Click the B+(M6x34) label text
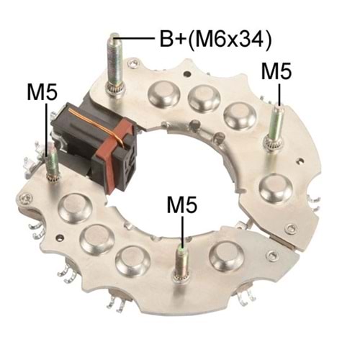coord(215,40)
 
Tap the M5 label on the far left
coord(42,92)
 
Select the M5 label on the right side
coord(276,71)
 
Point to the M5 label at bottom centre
coord(182,204)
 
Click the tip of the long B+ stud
coord(114,37)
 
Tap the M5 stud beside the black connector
coord(53,166)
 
